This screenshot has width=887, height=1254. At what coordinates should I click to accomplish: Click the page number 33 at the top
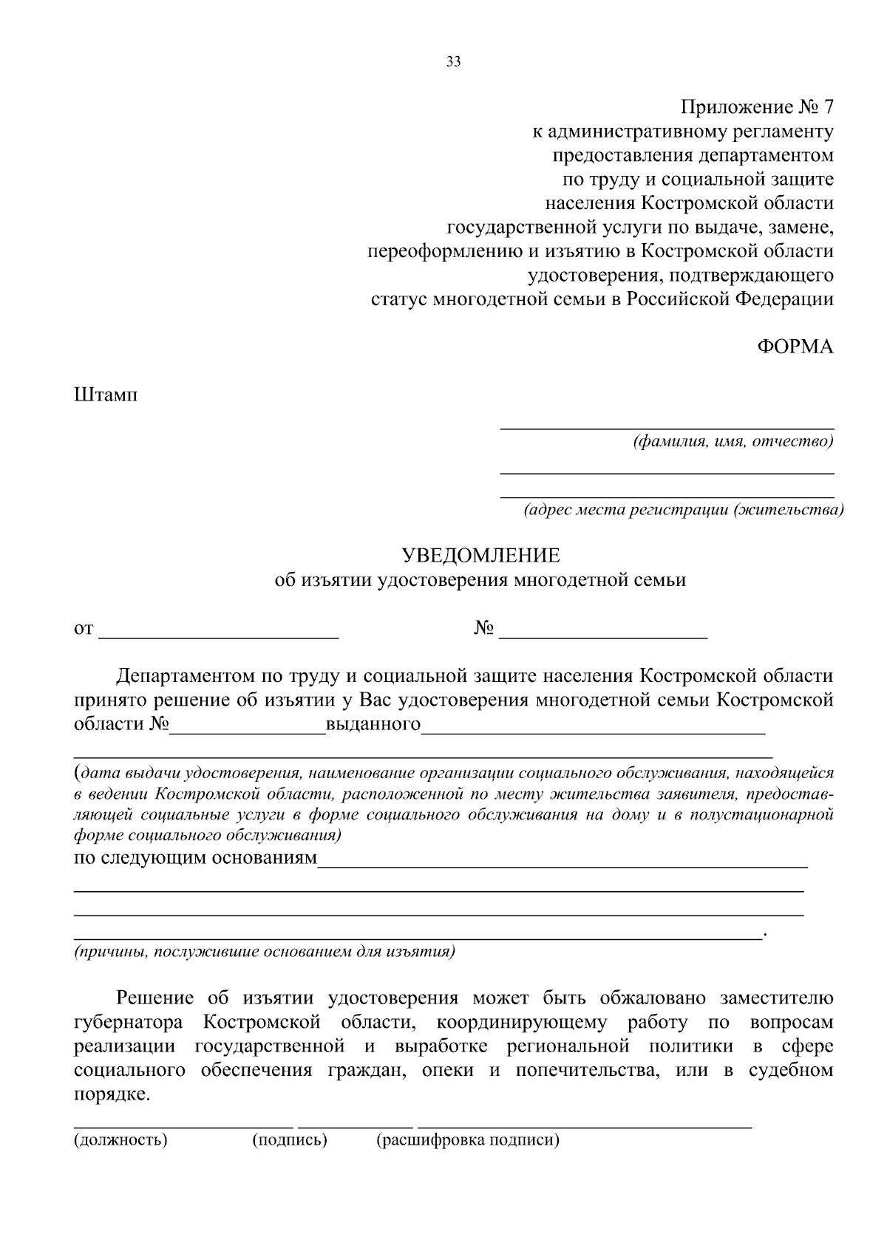454,62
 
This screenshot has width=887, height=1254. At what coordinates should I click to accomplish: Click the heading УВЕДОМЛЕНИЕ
480,555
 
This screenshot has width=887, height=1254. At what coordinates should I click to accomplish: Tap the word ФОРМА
795,347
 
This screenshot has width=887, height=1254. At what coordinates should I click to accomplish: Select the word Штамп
106,395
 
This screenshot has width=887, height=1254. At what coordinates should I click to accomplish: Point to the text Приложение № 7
757,108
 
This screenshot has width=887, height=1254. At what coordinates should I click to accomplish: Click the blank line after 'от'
219,633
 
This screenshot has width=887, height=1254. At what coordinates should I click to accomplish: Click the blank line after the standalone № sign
608,633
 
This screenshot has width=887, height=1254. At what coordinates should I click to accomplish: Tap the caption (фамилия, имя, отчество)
733,442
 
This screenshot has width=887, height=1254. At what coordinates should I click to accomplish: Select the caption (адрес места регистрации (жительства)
683,511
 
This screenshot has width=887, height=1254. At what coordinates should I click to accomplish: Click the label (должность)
120,1139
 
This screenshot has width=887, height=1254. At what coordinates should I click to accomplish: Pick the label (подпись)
290,1139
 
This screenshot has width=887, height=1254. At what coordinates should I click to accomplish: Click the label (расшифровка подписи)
468,1139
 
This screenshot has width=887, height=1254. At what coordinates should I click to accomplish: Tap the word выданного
373,723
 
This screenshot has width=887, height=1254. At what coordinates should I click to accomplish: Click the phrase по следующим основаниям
195,858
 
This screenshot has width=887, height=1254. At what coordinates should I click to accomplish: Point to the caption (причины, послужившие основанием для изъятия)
264,951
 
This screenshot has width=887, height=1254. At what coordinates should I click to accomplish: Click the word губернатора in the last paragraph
131,1023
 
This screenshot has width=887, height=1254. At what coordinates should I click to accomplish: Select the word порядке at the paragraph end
112,1094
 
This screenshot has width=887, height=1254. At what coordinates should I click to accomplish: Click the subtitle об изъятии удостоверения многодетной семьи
480,580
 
